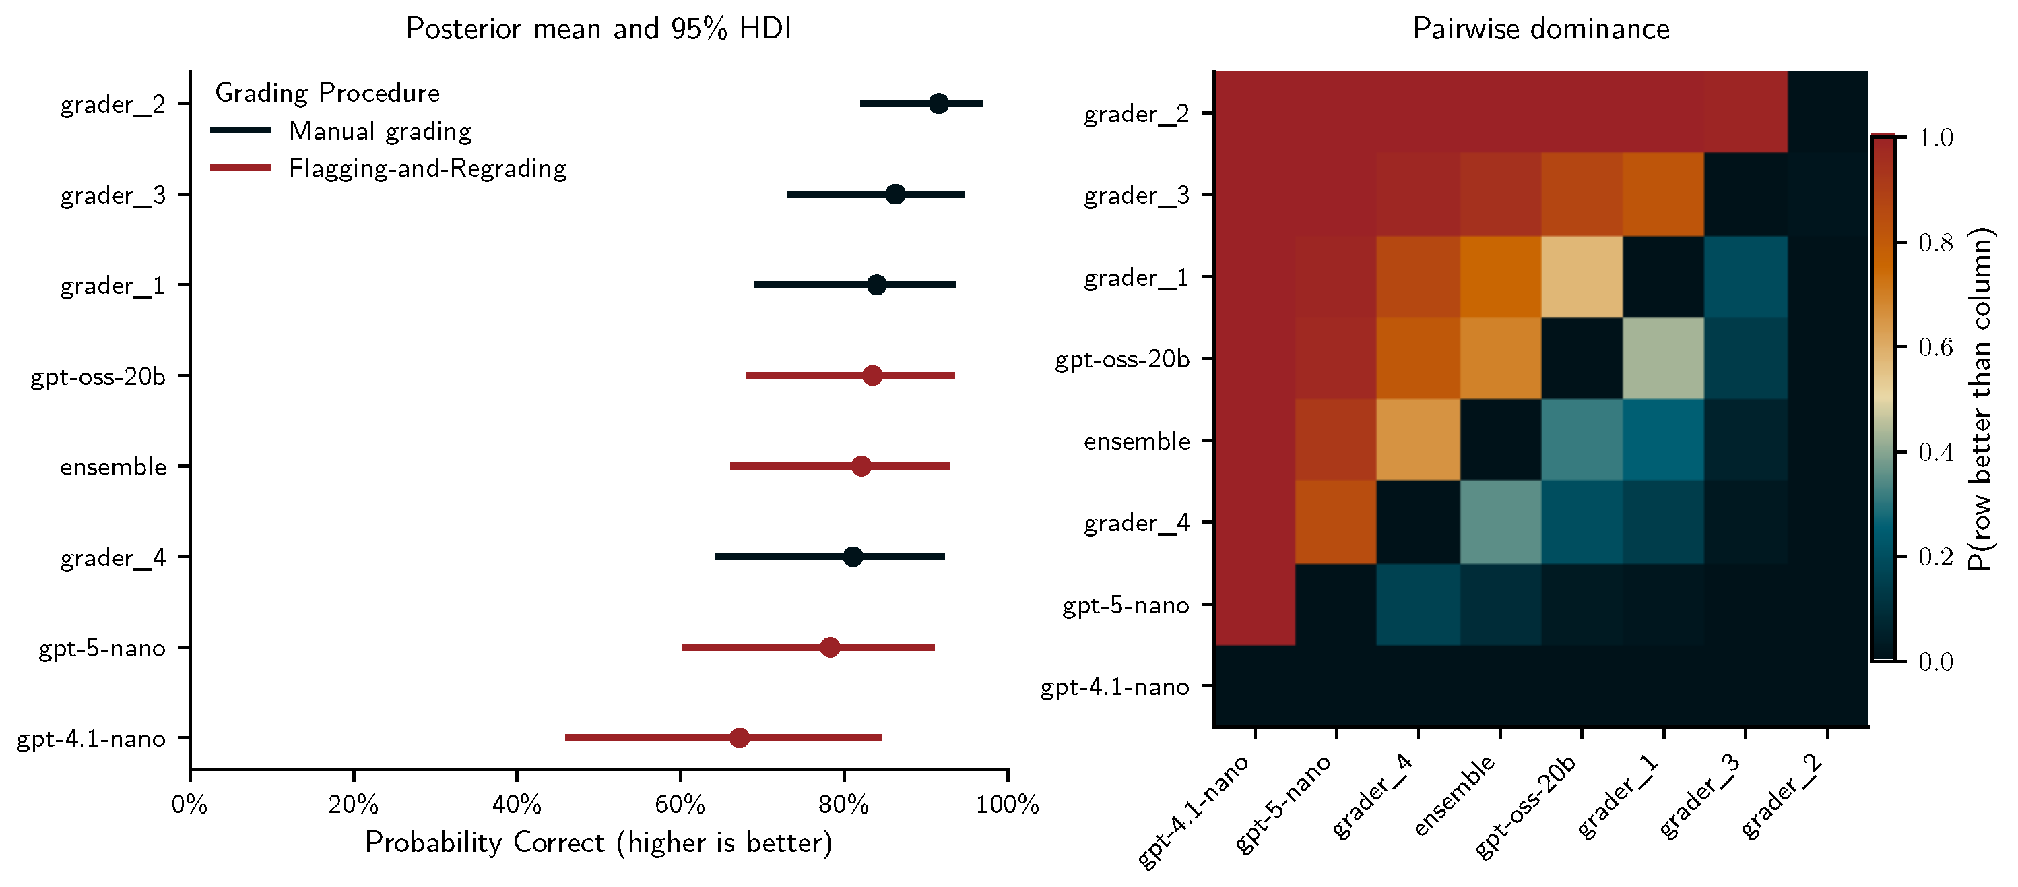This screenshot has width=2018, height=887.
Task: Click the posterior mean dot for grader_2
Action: [x=938, y=103]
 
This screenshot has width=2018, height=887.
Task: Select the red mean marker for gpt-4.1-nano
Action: [x=739, y=738]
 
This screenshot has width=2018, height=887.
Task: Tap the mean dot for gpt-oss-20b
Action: [x=872, y=376]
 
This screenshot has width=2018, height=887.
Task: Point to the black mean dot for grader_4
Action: [x=852, y=557]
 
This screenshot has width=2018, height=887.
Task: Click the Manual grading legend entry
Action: [x=380, y=131]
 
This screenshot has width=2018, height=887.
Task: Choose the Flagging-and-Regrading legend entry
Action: [x=427, y=169]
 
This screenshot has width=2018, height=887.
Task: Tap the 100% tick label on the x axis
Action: [x=1007, y=805]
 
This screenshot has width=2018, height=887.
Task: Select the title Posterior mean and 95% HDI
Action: [x=599, y=29]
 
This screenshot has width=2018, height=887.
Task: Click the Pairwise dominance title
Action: [x=1540, y=29]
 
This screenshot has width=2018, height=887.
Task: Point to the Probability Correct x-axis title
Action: [x=599, y=843]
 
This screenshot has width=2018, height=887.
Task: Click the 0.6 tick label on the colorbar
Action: [x=1936, y=347]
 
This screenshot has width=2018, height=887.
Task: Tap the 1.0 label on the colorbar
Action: [x=1936, y=138]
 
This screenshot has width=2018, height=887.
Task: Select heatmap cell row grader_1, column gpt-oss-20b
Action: [x=1581, y=276]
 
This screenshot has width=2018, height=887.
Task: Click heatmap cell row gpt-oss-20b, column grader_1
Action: [x=1662, y=358]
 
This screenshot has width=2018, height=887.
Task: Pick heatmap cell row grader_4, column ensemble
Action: [x=1499, y=522]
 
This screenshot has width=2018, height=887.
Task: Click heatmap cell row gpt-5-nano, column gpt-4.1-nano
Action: [x=1254, y=604]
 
